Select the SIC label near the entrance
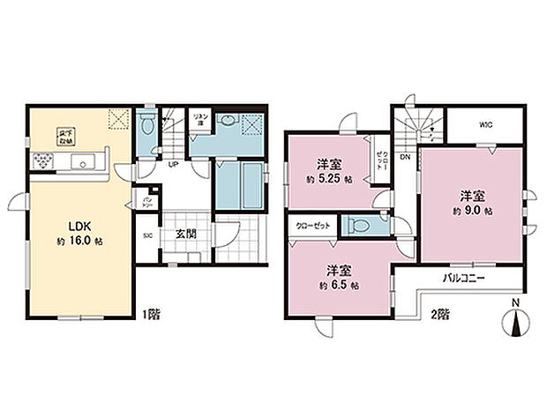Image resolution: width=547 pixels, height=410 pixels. (148, 236)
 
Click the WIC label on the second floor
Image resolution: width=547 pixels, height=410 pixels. (485, 124)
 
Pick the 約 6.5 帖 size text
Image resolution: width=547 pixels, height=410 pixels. (341, 286)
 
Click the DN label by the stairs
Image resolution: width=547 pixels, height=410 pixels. (405, 158)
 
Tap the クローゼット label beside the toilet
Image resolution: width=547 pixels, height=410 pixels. (314, 226)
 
